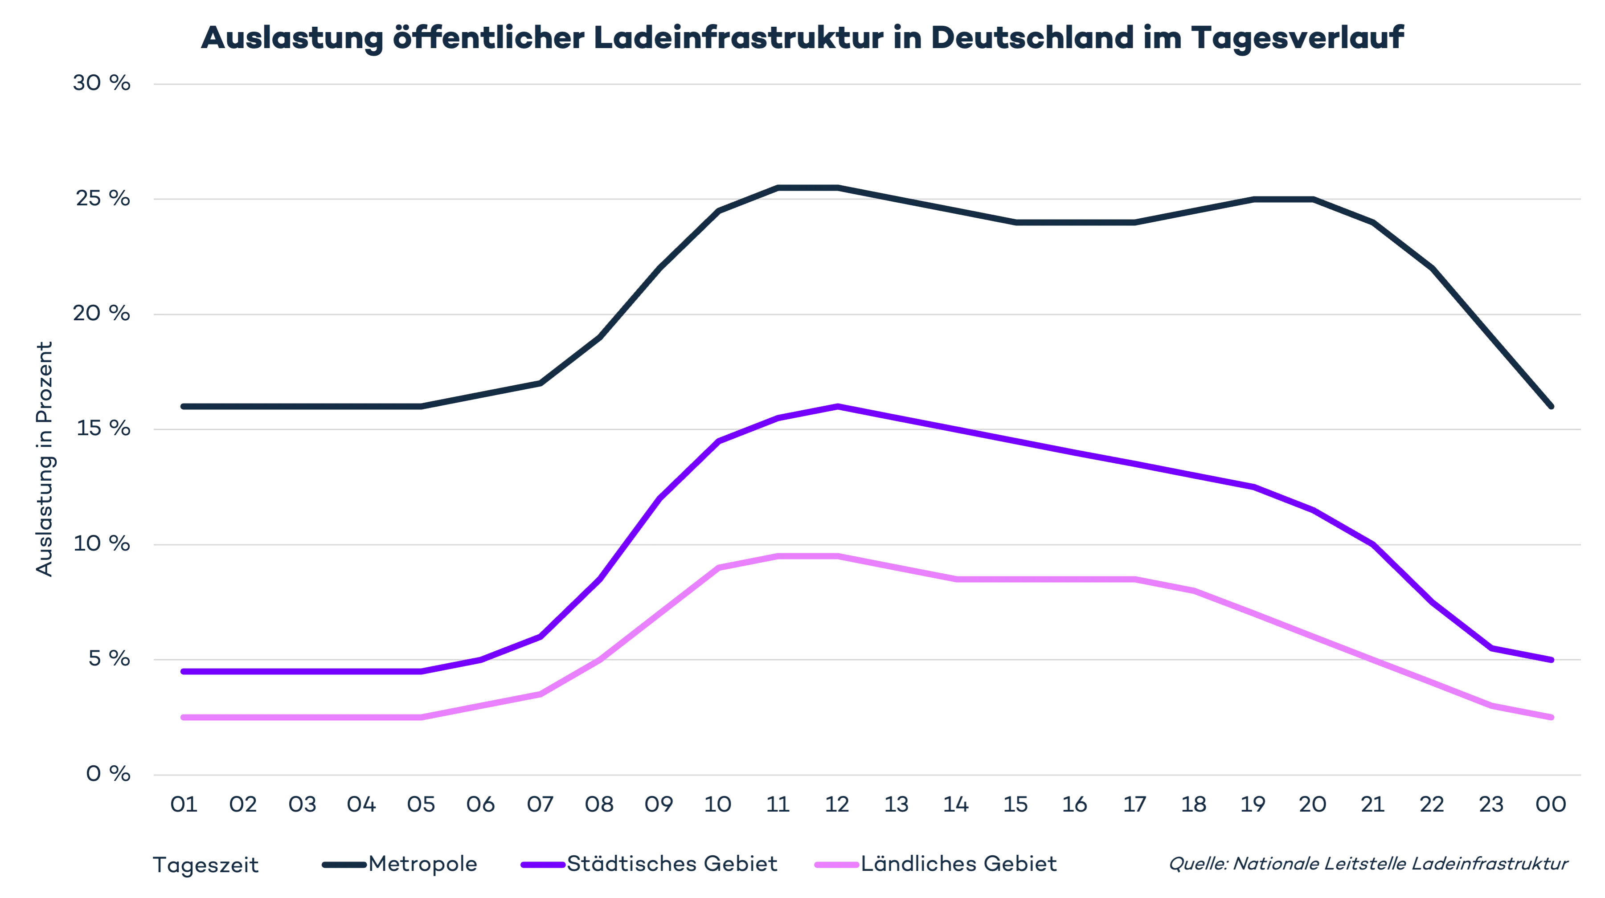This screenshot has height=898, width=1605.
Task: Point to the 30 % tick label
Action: [x=102, y=83]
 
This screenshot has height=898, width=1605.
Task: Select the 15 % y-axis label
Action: [x=102, y=429]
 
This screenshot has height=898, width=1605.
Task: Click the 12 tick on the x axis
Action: [x=837, y=804]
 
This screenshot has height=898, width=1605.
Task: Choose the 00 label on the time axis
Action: [x=1551, y=804]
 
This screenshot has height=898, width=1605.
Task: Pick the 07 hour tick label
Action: [x=540, y=804]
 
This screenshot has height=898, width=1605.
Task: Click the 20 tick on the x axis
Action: [x=1312, y=804]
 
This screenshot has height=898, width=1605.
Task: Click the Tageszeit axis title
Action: [x=205, y=865]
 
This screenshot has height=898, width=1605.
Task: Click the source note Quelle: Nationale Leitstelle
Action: [x=1368, y=865]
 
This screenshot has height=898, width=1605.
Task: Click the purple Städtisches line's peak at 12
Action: [x=837, y=407]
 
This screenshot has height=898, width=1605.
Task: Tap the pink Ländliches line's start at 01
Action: [x=184, y=718]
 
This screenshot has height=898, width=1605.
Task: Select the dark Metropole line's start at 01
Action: [x=184, y=407]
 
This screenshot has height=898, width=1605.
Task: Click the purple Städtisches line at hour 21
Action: [x=1372, y=544]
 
